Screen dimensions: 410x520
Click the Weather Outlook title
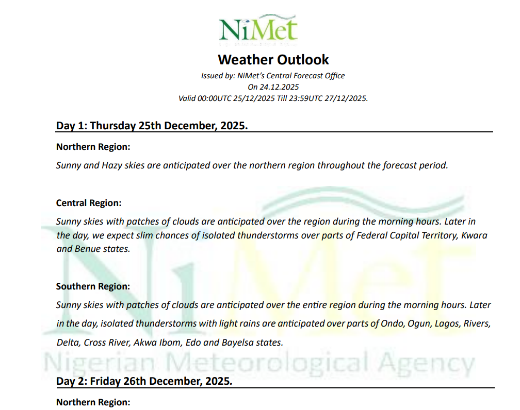click(x=273, y=60)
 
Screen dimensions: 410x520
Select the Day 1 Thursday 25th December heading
click(x=152, y=125)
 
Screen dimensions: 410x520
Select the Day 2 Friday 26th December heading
click(x=144, y=381)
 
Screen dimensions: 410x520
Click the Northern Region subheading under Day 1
click(x=93, y=147)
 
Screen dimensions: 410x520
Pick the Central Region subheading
click(x=89, y=203)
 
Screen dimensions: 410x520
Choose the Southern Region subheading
click(x=93, y=286)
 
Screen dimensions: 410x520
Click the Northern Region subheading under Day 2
click(x=93, y=402)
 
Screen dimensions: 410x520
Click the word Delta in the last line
click(x=68, y=343)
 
